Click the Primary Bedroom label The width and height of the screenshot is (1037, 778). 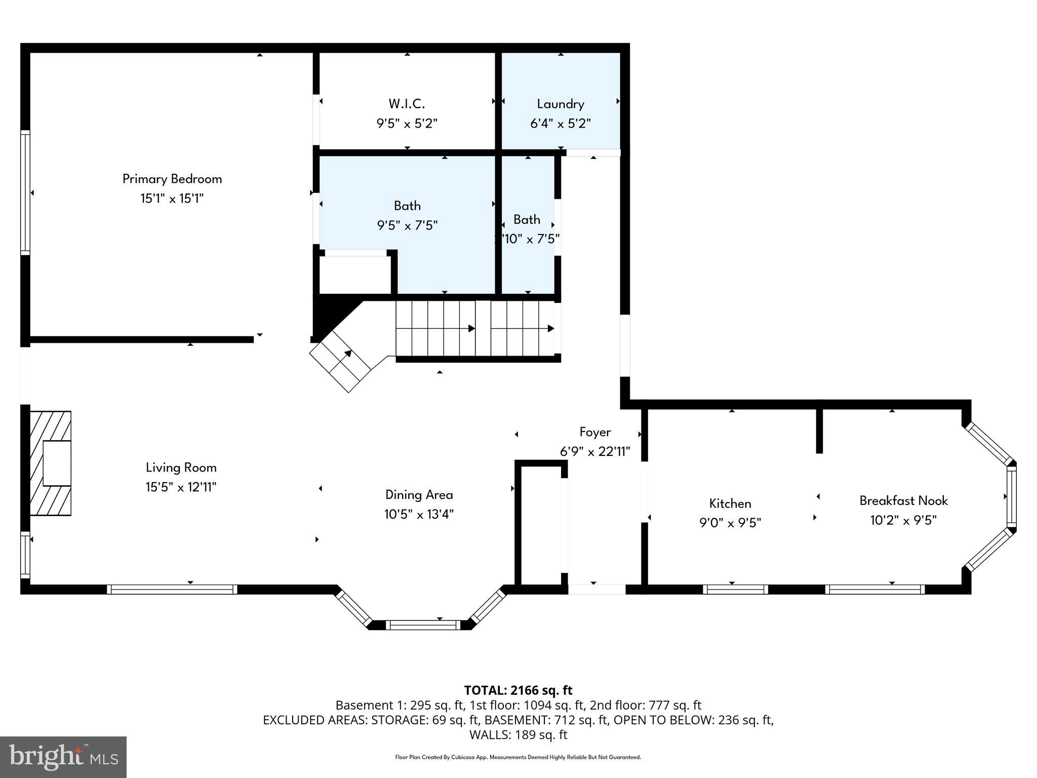[x=172, y=179]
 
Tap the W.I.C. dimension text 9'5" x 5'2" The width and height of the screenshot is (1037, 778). [x=407, y=123]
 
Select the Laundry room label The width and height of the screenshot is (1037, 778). [x=561, y=104]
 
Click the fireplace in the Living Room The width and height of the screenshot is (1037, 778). [x=51, y=463]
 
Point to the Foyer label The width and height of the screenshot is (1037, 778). [x=595, y=432]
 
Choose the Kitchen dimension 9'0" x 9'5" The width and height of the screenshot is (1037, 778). [x=730, y=522]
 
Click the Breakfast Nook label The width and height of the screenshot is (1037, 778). [x=903, y=500]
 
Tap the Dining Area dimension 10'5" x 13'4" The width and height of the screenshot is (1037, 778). [x=419, y=514]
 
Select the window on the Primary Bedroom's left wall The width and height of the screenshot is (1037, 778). [x=25, y=192]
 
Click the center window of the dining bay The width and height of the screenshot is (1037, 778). [x=423, y=625]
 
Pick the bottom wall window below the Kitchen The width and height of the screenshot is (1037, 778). [x=735, y=589]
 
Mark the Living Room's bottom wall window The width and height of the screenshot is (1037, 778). [x=172, y=589]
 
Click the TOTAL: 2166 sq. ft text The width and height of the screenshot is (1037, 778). [x=518, y=690]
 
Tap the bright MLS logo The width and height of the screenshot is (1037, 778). [x=63, y=757]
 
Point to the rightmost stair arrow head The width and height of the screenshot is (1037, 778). [x=551, y=329]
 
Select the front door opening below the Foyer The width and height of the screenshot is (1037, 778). [x=596, y=589]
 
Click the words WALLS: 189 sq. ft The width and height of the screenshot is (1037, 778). [x=518, y=734]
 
